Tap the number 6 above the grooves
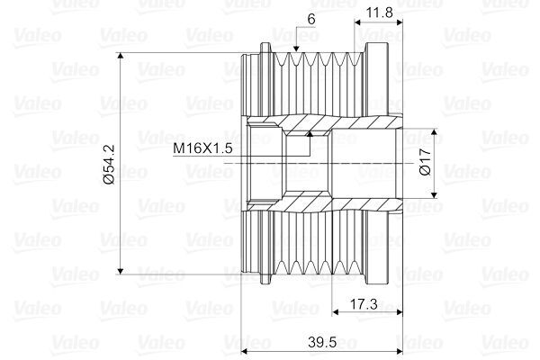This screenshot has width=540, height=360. [311, 19]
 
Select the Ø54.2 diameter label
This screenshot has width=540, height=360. [109, 165]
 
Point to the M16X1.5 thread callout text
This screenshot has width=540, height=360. [202, 148]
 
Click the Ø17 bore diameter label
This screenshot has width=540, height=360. [426, 162]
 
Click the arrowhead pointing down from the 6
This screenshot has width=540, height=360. [296, 49]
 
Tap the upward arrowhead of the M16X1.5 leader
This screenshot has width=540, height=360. [310, 134]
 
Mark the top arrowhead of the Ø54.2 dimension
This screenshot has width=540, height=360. [121, 57]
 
